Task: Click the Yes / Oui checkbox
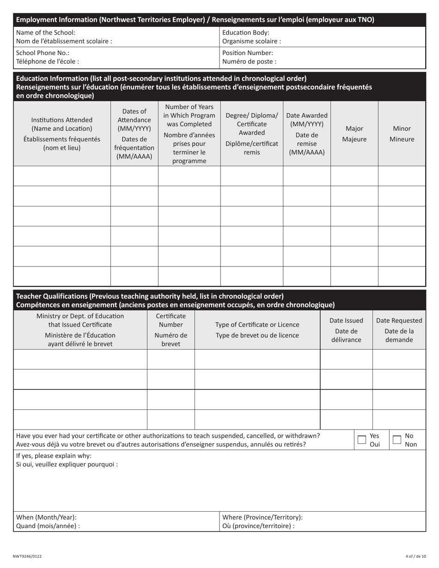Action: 362,440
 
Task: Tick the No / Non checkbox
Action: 396,440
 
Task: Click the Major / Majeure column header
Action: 354,134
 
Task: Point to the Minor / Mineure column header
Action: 402,134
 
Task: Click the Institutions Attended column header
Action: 62,134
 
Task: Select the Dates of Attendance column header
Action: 134,134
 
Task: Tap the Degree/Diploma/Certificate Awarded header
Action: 251,134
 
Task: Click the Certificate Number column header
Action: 171,330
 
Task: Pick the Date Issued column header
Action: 346,330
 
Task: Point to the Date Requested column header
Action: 399,330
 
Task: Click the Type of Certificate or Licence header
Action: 257,330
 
